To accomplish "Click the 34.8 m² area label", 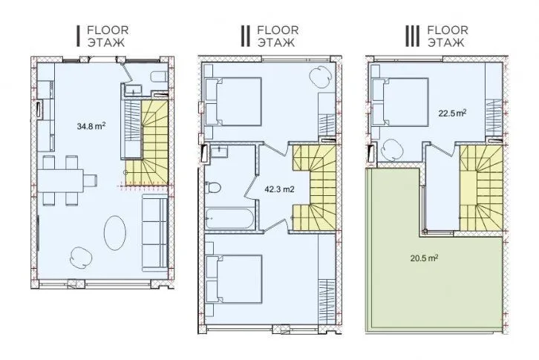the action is pyautogui.click(x=91, y=126).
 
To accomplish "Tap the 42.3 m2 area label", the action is pyautogui.click(x=279, y=189).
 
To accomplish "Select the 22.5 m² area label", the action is pyautogui.click(x=452, y=113).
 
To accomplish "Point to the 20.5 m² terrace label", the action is pyautogui.click(x=424, y=258).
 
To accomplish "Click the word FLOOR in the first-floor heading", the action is pyautogui.click(x=108, y=30).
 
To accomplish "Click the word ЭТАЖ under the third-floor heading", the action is pyautogui.click(x=445, y=42).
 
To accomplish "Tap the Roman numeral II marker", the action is pyautogui.click(x=245, y=36).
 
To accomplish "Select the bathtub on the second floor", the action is pyautogui.click(x=230, y=218).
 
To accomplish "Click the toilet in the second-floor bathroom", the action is pyautogui.click(x=212, y=188).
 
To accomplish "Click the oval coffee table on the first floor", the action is pyautogui.click(x=115, y=233).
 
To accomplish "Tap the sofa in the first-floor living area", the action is pyautogui.click(x=154, y=233).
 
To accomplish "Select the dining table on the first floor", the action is pyautogui.click(x=60, y=180).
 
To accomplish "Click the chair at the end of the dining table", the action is pyautogui.click(x=91, y=180).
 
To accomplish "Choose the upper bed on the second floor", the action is pyautogui.click(x=233, y=102).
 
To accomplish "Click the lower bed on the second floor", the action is pyautogui.click(x=233, y=279).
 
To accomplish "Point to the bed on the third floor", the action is pyautogui.click(x=400, y=102).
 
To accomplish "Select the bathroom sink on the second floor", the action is pyautogui.click(x=218, y=151).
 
